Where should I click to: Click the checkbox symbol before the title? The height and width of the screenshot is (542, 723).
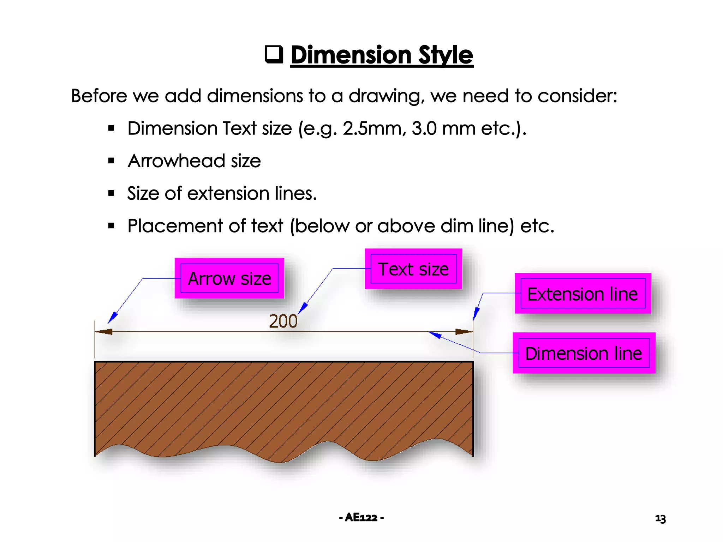(x=274, y=54)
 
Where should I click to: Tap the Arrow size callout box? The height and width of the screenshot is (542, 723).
(x=229, y=278)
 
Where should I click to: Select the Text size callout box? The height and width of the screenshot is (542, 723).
(x=413, y=269)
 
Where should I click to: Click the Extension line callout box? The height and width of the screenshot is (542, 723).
(x=582, y=294)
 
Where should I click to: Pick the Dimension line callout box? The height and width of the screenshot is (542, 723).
(x=584, y=353)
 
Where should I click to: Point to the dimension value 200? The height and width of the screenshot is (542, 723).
(x=283, y=321)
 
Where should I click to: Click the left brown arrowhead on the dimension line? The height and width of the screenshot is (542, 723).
(x=104, y=332)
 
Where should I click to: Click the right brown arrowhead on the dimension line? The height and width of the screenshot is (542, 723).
(x=464, y=332)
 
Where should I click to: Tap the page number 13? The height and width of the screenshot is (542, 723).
(x=660, y=518)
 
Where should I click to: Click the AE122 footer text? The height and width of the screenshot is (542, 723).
(x=361, y=518)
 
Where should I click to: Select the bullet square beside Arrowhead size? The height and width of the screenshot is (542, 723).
(x=112, y=161)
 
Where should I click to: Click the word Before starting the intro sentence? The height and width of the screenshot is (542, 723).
(x=99, y=96)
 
